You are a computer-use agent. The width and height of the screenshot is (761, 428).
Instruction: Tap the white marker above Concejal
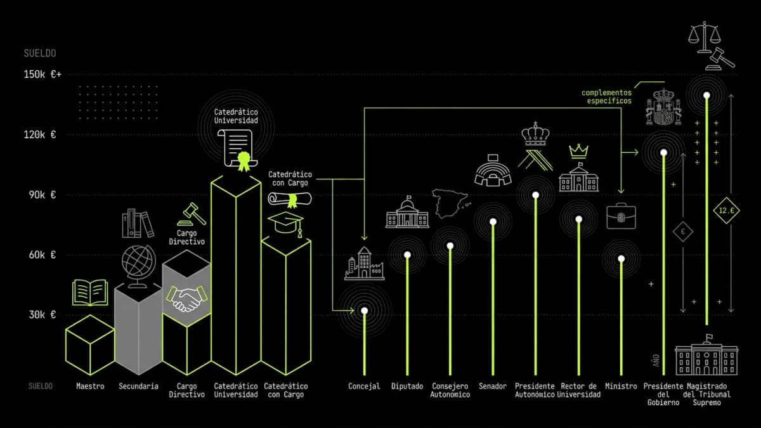[365, 310]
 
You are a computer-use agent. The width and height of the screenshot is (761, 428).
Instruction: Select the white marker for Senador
[493, 221]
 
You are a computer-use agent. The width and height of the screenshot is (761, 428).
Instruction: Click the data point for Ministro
[621, 259]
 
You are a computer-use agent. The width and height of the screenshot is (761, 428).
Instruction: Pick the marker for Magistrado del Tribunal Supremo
[706, 96]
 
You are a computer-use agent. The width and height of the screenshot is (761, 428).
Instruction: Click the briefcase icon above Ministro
[621, 216]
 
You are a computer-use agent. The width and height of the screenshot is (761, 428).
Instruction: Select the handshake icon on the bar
[187, 298]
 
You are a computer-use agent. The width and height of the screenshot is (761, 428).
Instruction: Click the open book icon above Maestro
[90, 293]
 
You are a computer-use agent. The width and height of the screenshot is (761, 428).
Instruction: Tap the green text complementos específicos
[607, 96]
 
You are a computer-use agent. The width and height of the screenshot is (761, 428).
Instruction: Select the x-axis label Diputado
[407, 386]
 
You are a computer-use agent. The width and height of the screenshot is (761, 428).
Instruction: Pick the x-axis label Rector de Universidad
[578, 390]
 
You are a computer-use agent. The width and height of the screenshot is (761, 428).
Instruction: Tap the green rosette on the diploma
[243, 160]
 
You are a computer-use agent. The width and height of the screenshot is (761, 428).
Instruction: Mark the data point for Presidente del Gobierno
[663, 152]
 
